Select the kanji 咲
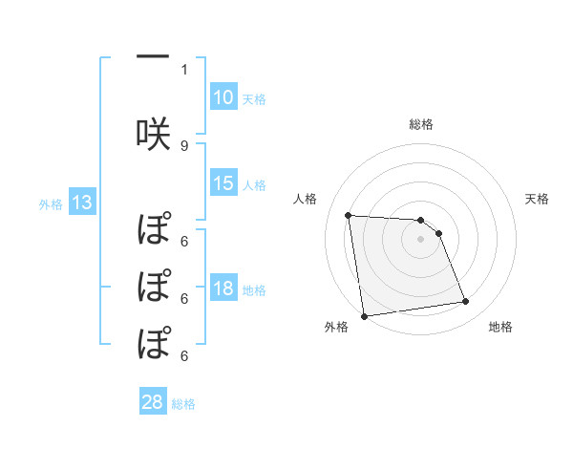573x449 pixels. tap(153, 132)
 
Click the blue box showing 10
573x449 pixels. tap(223, 97)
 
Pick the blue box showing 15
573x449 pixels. tap(223, 183)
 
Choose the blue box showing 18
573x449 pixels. tap(223, 289)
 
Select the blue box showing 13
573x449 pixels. tap(82, 202)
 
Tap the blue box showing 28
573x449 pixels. tap(153, 402)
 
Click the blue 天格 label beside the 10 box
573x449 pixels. tap(254, 98)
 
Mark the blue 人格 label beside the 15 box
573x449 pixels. tap(254, 184)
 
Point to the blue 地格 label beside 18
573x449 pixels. tap(254, 289)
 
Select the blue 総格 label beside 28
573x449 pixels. tap(183, 403)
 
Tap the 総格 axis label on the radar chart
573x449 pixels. tap(421, 124)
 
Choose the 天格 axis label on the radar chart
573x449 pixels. tap(538, 199)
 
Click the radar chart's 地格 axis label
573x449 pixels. tap(500, 328)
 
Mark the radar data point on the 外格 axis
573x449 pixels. tap(363, 315)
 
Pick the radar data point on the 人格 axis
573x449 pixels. tap(349, 215)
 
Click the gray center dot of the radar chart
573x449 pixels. tap(421, 239)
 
